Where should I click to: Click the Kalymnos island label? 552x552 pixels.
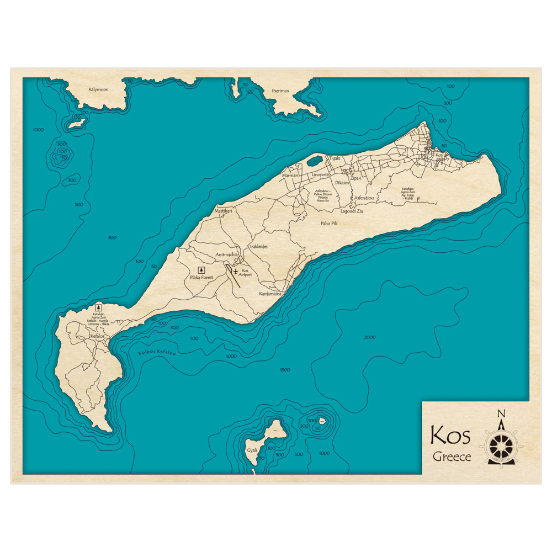point(98,89)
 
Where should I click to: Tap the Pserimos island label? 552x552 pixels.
point(280,91)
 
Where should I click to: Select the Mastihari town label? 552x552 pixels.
point(224,211)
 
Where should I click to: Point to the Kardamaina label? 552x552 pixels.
point(270,294)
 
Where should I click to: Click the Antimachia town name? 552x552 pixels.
point(226,254)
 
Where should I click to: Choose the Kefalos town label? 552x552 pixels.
point(97,336)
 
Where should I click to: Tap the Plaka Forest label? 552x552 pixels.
point(201,278)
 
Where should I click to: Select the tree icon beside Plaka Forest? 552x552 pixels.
point(200,269)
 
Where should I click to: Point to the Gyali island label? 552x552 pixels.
point(252,450)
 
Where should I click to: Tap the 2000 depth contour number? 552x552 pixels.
point(370,337)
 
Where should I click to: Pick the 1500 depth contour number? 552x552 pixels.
point(285,370)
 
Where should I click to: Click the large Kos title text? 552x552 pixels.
point(450,436)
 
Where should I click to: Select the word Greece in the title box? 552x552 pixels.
point(452,457)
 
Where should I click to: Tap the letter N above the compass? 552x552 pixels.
point(501,414)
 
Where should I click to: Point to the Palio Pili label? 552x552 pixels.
point(329,224)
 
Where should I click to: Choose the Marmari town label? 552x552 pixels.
point(290,176)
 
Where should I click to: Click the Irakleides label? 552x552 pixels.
point(258,247)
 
